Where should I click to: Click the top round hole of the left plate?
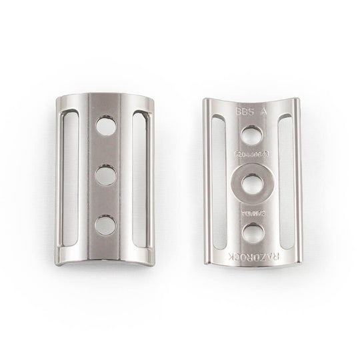click(x=105, y=125)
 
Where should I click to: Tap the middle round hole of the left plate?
click(x=105, y=175)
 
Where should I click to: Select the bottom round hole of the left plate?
click(x=105, y=225)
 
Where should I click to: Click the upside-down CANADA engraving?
click(x=253, y=213)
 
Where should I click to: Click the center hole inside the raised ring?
click(x=253, y=184)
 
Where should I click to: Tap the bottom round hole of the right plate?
click(x=253, y=232)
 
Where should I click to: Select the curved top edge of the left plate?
click(x=104, y=93)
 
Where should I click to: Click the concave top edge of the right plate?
click(x=253, y=101)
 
